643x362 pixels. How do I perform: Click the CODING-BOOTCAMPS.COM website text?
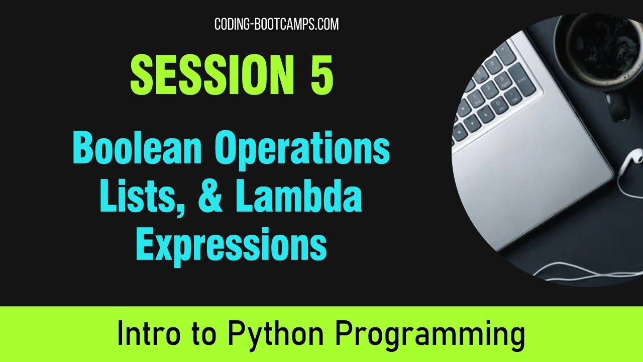pos(276,24)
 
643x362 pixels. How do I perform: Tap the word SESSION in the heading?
pos(211,75)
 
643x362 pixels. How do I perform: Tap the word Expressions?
pos(231,245)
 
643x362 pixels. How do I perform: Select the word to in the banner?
pos(204,334)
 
